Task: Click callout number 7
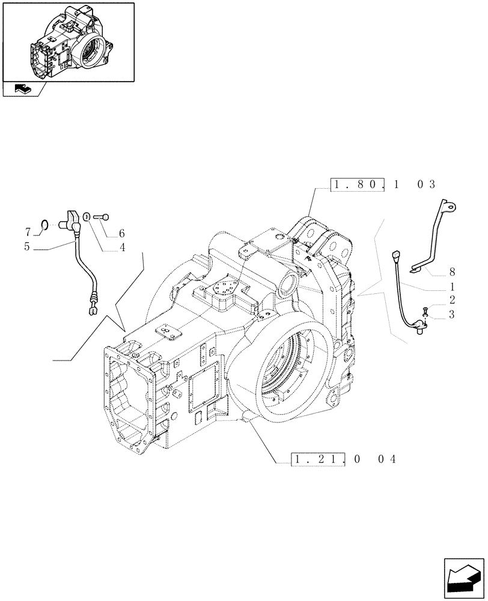[28, 231]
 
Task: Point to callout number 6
[122, 233]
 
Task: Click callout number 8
[451, 271]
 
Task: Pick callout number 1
[451, 287]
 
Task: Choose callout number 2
[451, 299]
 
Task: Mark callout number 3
[451, 314]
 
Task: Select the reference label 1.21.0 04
[344, 460]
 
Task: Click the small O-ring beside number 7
[44, 225]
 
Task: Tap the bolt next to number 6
[103, 217]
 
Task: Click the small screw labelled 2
[425, 310]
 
